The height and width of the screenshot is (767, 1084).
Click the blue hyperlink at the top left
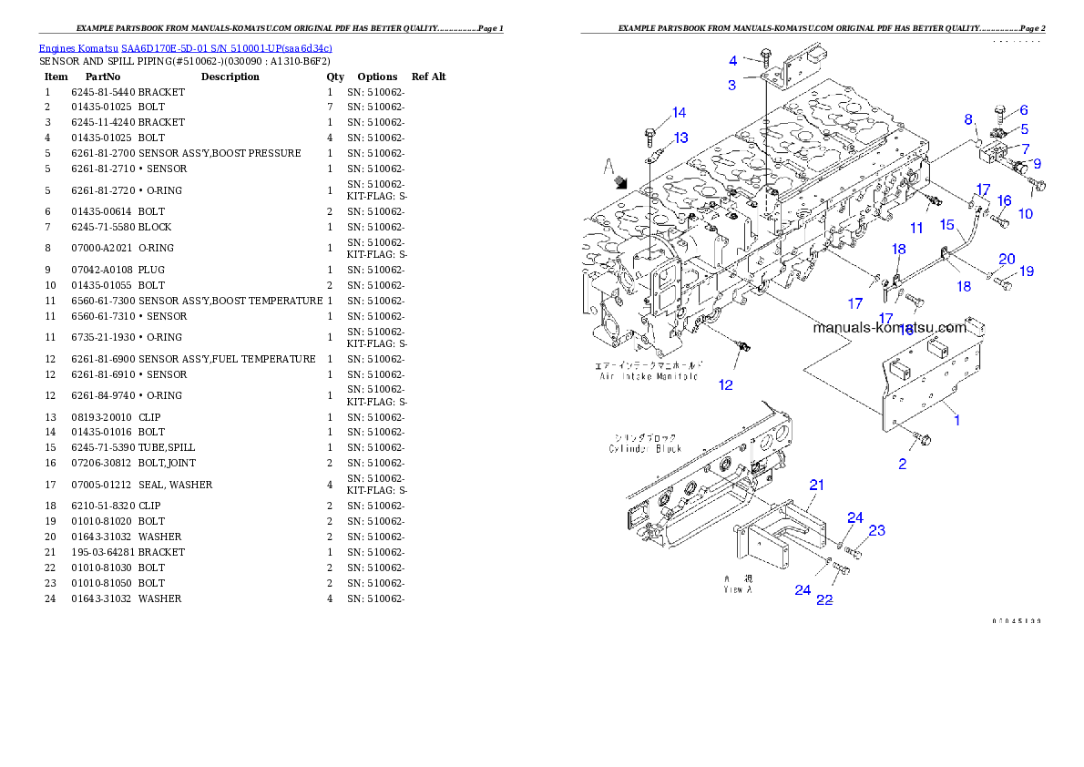pos(185,47)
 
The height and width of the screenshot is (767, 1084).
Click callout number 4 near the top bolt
pos(732,61)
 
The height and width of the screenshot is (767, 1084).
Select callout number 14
pos(679,113)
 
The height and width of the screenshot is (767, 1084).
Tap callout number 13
pos(680,138)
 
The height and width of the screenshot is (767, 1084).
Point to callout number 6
pos(1023,109)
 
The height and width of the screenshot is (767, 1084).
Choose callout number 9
pos(1037,164)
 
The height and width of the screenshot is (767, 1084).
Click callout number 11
pos(916,228)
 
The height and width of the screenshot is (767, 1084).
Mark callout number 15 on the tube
pos(946,224)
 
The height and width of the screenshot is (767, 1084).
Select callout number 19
pos(1027,271)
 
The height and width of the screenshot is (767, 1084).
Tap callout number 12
pos(725,385)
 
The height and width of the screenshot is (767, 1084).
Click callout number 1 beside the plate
pos(957,420)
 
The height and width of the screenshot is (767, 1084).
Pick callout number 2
pos(902,465)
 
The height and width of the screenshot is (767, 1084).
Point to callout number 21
pos(817,486)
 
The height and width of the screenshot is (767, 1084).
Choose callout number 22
pos(823,600)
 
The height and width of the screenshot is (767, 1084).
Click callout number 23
pos(876,530)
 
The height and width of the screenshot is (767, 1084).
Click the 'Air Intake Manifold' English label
pos(648,375)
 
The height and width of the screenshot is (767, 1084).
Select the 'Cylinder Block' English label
pos(642,448)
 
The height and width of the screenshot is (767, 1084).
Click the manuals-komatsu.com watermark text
pos(889,328)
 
